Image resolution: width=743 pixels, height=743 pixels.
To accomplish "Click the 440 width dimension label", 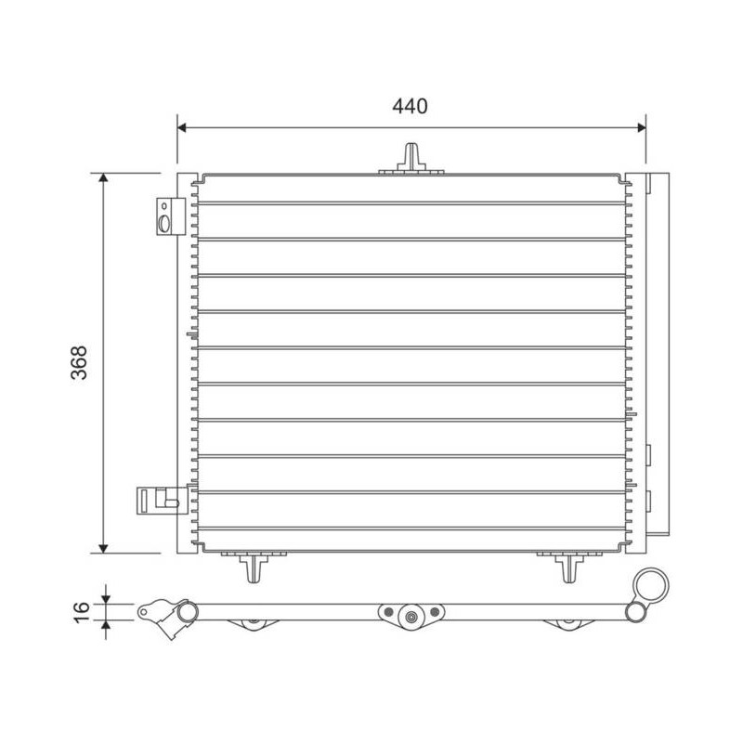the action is click(x=410, y=106).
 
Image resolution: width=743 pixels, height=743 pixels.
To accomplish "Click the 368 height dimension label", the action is click(x=79, y=362).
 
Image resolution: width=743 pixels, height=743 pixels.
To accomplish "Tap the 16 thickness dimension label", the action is click(x=81, y=612).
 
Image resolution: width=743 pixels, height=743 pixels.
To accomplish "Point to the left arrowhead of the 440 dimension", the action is click(x=182, y=127).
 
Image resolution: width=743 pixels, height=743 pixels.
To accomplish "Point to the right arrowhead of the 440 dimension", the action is click(x=641, y=127).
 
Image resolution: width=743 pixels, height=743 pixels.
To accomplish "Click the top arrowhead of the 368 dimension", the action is click(x=103, y=177).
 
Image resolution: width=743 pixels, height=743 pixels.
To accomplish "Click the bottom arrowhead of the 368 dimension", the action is click(x=103, y=548).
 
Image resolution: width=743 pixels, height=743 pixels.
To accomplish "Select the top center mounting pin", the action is click(x=411, y=158).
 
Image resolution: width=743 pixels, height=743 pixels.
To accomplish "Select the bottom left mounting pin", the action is click(x=254, y=567).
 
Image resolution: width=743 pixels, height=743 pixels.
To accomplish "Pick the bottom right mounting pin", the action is click(x=568, y=567).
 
